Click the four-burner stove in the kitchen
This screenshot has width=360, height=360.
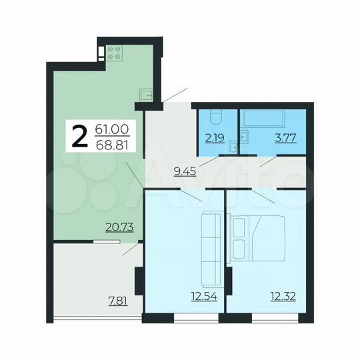coord(113,53)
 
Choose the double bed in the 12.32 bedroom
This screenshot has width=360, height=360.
coord(257,237)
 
